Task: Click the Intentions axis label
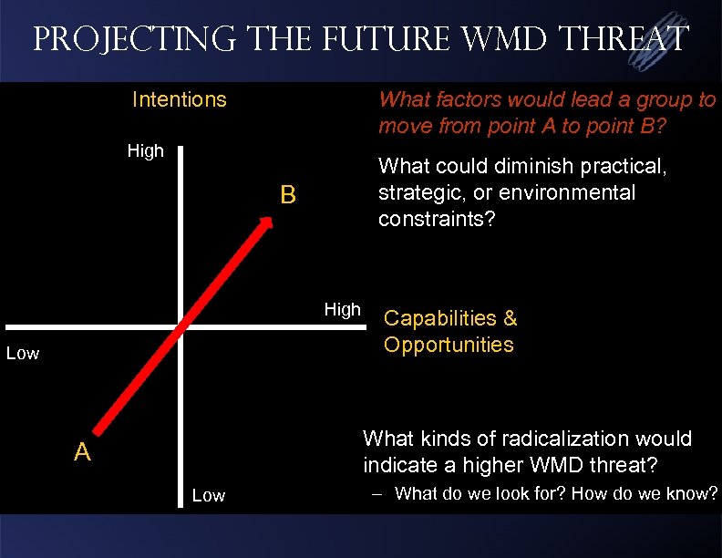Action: click(179, 98)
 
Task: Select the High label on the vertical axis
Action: click(145, 151)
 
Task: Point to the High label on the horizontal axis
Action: click(343, 310)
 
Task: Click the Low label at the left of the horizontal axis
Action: click(23, 354)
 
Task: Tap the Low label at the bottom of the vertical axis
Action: click(209, 495)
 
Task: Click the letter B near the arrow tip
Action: click(288, 195)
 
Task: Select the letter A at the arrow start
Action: click(82, 452)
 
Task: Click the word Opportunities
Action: click(449, 345)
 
